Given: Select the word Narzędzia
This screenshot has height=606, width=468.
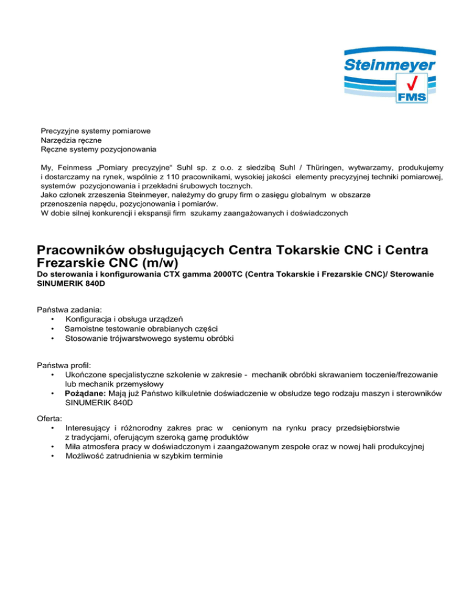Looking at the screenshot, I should tap(58, 140).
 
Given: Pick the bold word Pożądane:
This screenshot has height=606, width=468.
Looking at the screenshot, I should tap(86, 394).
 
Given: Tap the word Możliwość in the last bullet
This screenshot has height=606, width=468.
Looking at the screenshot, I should tap(87, 457).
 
